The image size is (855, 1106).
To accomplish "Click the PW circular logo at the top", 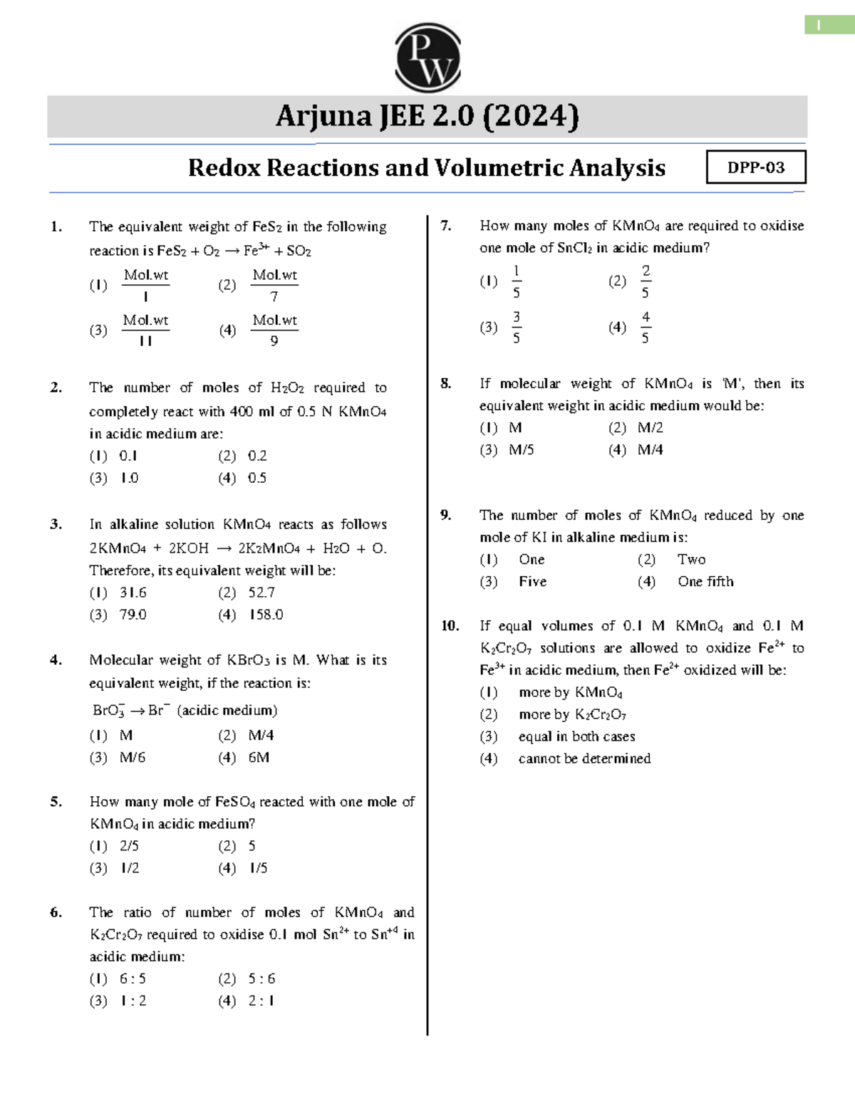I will point(427,58).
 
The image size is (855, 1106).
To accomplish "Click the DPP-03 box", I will point(756,167).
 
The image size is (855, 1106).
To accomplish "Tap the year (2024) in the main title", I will point(531,116).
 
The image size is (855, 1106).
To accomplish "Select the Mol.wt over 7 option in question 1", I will point(274,285).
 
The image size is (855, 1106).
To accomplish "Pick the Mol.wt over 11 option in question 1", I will point(145,330).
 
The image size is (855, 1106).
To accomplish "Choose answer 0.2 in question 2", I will point(257,456).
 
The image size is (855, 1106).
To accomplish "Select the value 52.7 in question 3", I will point(261,593).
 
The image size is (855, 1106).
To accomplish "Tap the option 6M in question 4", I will point(259,758).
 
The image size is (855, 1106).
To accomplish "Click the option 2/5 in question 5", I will point(129,846).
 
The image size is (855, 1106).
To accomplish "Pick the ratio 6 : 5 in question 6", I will point(133,979).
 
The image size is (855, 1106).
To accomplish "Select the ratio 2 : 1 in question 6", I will point(261,1001).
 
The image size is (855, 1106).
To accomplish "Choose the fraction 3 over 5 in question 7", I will point(516,327).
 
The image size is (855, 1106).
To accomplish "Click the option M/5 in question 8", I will point(521,450).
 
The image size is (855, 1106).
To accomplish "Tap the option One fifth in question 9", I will point(705,582).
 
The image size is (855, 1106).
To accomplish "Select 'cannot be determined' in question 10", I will point(584,758).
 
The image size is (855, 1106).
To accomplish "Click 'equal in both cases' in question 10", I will point(576,736).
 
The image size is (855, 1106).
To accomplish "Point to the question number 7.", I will point(446,226).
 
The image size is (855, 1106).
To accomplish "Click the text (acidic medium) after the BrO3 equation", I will point(227,710).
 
